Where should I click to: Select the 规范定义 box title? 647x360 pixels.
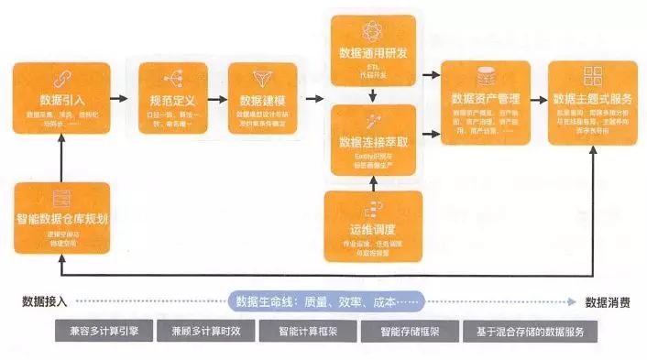coord(171,99)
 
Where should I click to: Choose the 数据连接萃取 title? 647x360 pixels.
coord(373,142)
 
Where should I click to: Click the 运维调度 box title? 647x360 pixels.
coord(373,228)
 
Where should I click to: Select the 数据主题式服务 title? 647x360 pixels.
coord(591,98)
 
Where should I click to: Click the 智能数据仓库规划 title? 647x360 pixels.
coord(63,220)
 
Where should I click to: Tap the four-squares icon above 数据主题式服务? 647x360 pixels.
coord(592,76)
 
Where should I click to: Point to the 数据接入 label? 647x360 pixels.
coord(44,300)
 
